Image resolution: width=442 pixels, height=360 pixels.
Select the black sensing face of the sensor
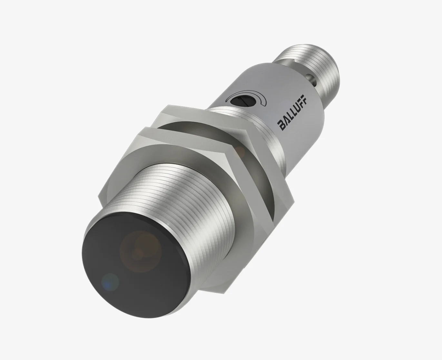(135, 261)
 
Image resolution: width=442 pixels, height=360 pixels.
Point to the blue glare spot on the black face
(110, 281)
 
